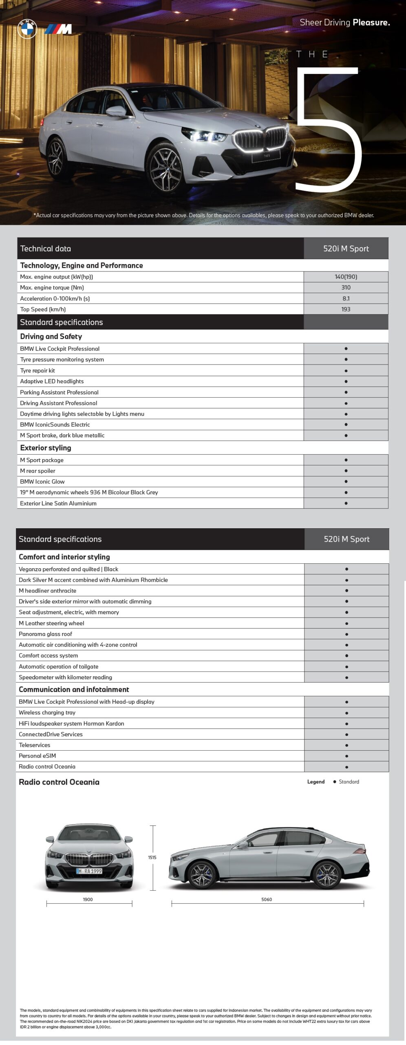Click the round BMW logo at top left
(27, 29)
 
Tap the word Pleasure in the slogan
(371, 22)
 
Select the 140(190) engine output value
(346, 277)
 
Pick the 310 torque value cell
(346, 287)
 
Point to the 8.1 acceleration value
(346, 298)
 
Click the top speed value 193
(346, 309)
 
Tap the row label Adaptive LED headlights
(52, 381)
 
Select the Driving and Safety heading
(51, 336)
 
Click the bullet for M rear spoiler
(346, 471)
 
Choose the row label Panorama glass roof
(45, 634)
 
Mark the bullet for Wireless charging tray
(346, 713)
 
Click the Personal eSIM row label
(37, 756)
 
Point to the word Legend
(316, 782)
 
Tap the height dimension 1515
(152, 858)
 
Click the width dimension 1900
(88, 899)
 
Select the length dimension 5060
(267, 899)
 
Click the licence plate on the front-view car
(89, 871)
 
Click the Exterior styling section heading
(46, 448)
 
